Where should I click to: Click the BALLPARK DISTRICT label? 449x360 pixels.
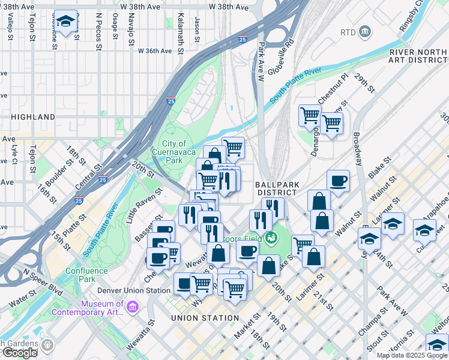(x=276, y=188)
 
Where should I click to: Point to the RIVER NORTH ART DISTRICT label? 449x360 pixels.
(x=418, y=56)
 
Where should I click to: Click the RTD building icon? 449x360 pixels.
(x=364, y=31)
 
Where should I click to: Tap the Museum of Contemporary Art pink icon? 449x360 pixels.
(x=133, y=307)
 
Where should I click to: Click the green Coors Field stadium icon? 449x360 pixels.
(x=272, y=238)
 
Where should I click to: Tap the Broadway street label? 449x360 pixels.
(x=357, y=148)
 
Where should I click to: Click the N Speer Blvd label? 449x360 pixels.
(x=43, y=281)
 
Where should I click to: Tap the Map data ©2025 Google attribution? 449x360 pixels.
(x=412, y=355)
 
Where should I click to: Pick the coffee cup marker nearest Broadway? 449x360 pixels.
(x=338, y=181)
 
